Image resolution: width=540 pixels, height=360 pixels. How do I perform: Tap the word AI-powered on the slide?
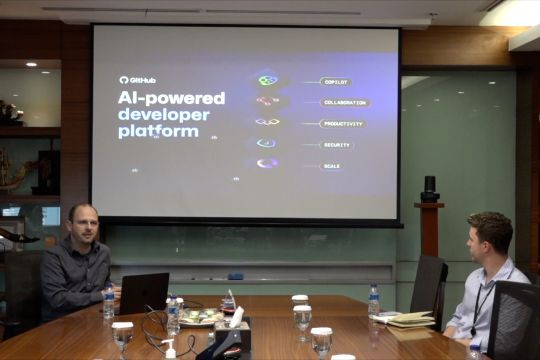171,98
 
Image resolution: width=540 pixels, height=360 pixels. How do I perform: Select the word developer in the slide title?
164,114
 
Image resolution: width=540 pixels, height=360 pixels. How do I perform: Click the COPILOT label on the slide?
335,81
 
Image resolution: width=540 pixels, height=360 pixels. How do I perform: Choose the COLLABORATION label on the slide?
344,102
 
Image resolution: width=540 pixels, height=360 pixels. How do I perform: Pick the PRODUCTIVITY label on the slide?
341,123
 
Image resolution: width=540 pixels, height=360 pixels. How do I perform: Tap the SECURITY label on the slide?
336,144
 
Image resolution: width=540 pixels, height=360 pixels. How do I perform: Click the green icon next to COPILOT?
267,80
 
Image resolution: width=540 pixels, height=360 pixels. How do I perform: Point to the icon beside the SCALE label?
267,163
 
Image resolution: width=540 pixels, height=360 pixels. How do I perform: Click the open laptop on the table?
143,293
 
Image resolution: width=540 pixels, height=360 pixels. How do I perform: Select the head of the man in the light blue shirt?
490,235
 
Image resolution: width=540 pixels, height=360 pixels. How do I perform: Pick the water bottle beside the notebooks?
373,298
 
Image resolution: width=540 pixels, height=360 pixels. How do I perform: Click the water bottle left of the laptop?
108,300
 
